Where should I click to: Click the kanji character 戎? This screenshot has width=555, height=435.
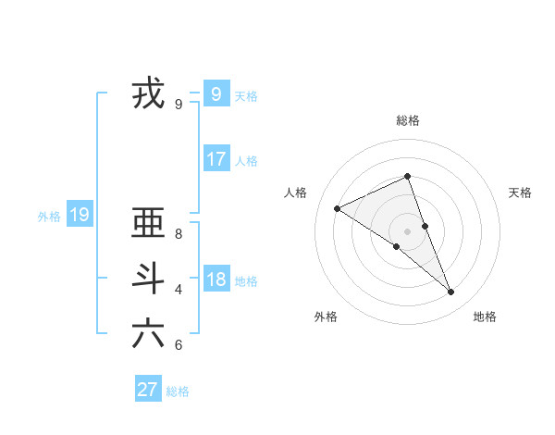coord(148,93)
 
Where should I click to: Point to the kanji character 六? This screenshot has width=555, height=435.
coord(148,333)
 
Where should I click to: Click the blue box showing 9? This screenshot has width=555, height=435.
coord(216,93)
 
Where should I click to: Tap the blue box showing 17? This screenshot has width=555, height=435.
coord(216,158)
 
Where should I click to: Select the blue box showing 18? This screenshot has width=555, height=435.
coord(216,279)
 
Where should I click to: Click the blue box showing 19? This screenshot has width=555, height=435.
coord(79,215)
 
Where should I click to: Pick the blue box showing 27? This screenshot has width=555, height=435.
coord(147,389)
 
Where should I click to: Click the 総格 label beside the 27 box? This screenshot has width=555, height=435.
coord(178,391)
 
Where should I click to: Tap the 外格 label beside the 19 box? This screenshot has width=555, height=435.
coord(49,217)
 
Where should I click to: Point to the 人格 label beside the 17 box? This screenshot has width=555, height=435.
coord(246,161)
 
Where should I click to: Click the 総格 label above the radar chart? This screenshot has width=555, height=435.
coord(408,120)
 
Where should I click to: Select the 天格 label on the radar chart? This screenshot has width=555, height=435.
coord(520,193)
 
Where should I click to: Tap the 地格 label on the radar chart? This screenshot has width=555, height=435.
coord(485,317)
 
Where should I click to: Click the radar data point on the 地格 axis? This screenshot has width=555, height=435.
coord(451,292)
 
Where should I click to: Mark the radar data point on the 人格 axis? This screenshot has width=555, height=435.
coord(338,208)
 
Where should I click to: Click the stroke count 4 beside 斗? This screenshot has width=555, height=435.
coord(179,289)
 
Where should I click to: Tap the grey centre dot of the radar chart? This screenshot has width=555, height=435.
coord(407,230)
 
